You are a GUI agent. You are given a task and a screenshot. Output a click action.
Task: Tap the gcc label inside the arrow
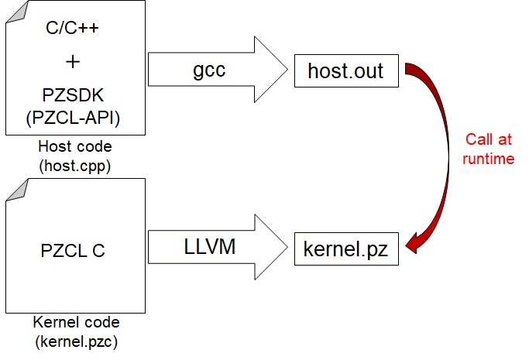point(210,70)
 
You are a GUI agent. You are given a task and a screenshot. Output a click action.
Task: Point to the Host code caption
point(74,146)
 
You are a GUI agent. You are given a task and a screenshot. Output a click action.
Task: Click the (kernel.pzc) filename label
point(74,341)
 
